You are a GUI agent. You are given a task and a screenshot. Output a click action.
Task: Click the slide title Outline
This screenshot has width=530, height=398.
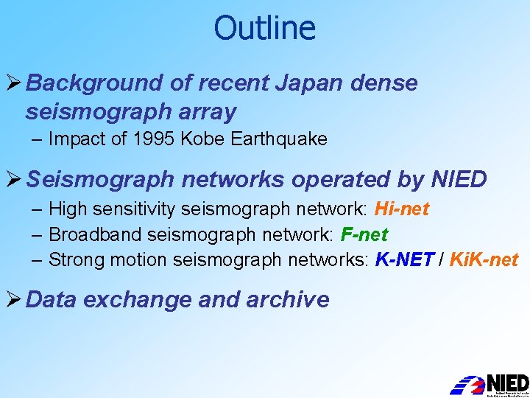click(x=264, y=28)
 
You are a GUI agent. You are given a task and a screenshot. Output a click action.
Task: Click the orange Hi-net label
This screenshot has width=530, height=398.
click(x=401, y=209)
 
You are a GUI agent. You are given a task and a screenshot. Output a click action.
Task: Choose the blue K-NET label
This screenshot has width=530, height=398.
click(x=404, y=259)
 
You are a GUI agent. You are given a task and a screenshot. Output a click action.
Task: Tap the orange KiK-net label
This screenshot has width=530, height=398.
click(x=484, y=259)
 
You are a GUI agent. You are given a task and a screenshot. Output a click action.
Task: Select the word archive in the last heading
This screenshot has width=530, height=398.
click(x=289, y=299)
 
